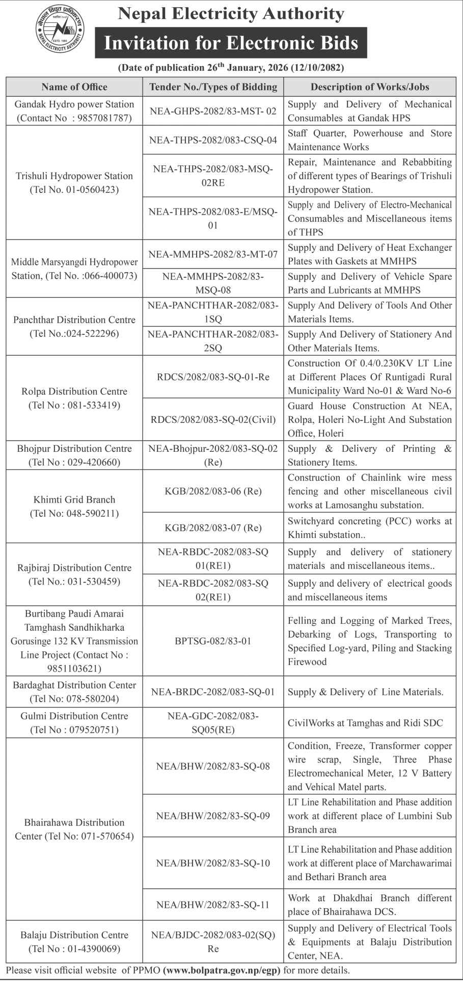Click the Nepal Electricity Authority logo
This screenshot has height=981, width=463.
(x=60, y=31)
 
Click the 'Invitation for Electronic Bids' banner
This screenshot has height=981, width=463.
(x=231, y=43)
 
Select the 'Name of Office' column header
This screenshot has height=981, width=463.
(x=74, y=87)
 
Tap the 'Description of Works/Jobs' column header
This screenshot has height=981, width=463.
(x=370, y=87)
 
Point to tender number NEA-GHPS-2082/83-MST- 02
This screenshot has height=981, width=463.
(x=213, y=111)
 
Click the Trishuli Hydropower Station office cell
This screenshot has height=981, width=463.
(x=74, y=183)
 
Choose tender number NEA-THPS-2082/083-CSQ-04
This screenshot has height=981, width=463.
(x=213, y=140)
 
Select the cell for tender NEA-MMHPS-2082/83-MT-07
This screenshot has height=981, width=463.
(x=213, y=254)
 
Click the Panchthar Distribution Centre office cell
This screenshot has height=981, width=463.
(x=74, y=327)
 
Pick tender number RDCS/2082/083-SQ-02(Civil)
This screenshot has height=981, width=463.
(x=213, y=420)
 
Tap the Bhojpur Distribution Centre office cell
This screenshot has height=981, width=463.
(x=74, y=455)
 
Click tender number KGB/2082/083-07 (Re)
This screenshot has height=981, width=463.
(x=213, y=528)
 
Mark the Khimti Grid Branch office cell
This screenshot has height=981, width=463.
(x=74, y=506)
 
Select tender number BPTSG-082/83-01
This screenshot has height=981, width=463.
(x=213, y=641)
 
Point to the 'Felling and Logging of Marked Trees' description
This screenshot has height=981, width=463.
(x=370, y=641)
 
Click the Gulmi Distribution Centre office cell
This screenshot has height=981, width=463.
(x=74, y=723)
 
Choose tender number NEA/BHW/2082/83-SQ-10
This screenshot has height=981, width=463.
(x=213, y=863)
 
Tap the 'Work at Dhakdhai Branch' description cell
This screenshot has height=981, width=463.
(x=370, y=905)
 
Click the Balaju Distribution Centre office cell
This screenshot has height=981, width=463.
(x=74, y=942)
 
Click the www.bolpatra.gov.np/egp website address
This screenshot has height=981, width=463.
(x=222, y=970)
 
